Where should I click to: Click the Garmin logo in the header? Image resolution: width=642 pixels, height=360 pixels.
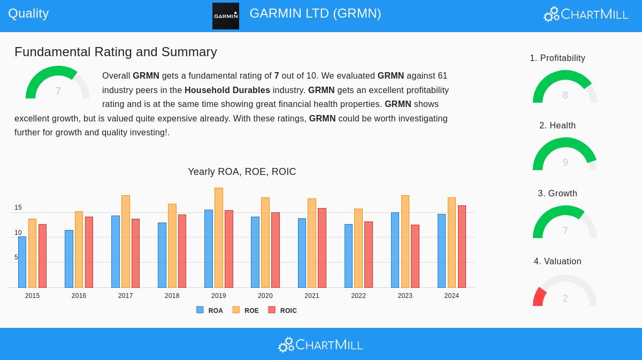point(225,16)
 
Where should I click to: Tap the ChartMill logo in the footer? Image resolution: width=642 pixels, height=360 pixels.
point(320,345)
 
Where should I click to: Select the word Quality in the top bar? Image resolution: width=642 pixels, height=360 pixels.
point(28,13)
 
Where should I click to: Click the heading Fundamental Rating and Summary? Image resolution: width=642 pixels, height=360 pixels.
point(116,52)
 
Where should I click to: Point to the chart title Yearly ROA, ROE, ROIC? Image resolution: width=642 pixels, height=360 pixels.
point(242,172)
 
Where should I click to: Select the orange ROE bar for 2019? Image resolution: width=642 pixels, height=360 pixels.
point(219,238)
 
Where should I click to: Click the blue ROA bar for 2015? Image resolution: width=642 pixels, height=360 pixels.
point(22,262)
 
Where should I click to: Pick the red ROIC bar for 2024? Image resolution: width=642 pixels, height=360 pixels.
point(462,247)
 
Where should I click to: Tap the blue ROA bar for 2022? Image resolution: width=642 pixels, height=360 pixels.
point(348,256)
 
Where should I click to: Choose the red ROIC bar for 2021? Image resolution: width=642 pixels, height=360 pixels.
point(322,248)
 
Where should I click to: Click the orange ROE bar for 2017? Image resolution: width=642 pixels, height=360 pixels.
point(126,241)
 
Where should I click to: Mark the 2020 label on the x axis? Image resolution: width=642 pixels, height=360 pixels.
point(265,296)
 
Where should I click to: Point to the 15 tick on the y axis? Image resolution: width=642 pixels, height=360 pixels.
point(18,208)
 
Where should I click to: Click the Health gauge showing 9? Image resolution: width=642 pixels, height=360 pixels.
point(564,155)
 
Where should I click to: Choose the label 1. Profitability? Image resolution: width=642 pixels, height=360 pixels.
point(557,58)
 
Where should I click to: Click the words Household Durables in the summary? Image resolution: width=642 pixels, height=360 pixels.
point(227,90)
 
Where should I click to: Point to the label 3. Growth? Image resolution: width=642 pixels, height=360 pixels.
point(557,194)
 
